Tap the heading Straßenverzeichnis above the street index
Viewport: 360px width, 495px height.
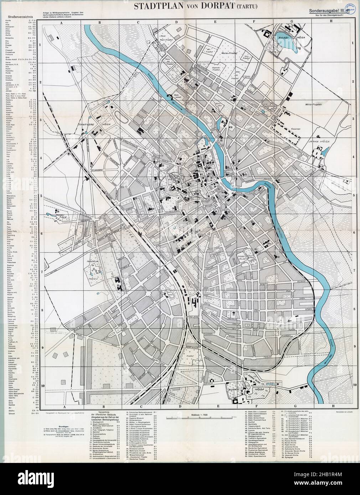click(17, 16)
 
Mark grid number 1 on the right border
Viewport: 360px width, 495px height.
click(353, 45)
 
